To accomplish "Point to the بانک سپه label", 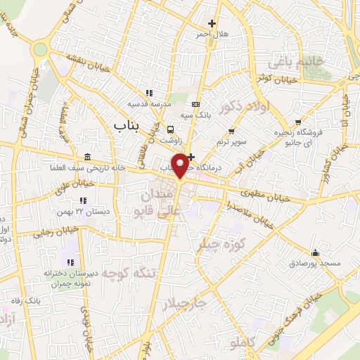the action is pos(195,114).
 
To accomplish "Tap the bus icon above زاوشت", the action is pos(171,129).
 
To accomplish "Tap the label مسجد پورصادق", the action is pos(314,264).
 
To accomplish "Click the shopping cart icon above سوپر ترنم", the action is pos(232,131).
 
